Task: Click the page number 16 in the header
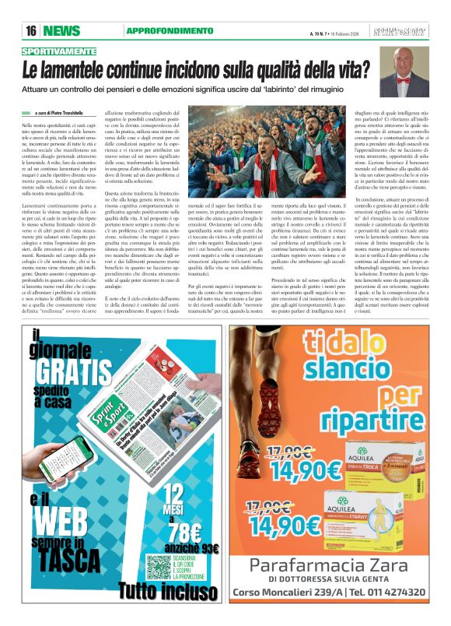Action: point(31,30)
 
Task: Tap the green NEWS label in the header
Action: point(62,30)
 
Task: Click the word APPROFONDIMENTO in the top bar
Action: point(158,30)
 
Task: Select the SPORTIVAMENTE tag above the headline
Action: point(54,51)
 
